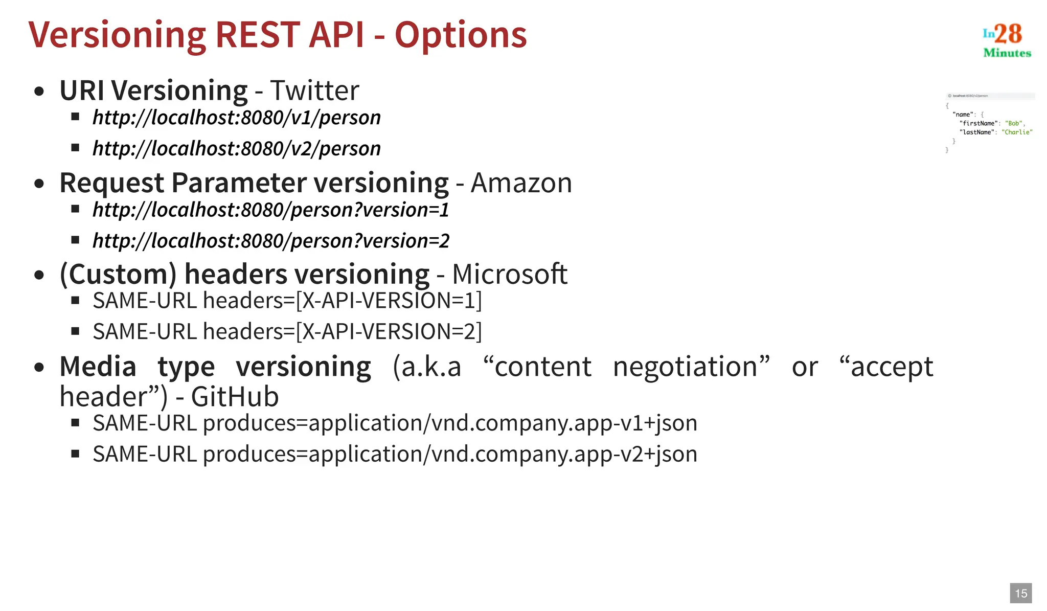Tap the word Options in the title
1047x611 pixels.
click(460, 36)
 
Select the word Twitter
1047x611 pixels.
click(314, 90)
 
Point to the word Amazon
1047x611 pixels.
click(521, 183)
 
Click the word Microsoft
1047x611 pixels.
click(510, 274)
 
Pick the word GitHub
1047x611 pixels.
click(235, 397)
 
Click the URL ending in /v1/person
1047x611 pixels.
click(237, 118)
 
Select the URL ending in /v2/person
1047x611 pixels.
click(237, 148)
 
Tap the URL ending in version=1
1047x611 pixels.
click(271, 210)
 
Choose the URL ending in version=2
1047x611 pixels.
click(271, 241)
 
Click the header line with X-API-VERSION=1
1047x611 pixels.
click(287, 301)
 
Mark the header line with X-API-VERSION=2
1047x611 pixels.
click(287, 331)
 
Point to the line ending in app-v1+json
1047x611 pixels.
click(395, 423)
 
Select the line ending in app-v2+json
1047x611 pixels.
click(395, 454)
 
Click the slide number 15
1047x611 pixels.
click(1021, 593)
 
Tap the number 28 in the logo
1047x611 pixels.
click(1008, 34)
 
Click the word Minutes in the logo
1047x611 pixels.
click(1007, 53)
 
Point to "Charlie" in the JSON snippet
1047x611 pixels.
click(1017, 132)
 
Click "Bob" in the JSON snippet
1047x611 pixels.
click(1013, 123)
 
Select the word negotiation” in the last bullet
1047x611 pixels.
click(691, 367)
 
